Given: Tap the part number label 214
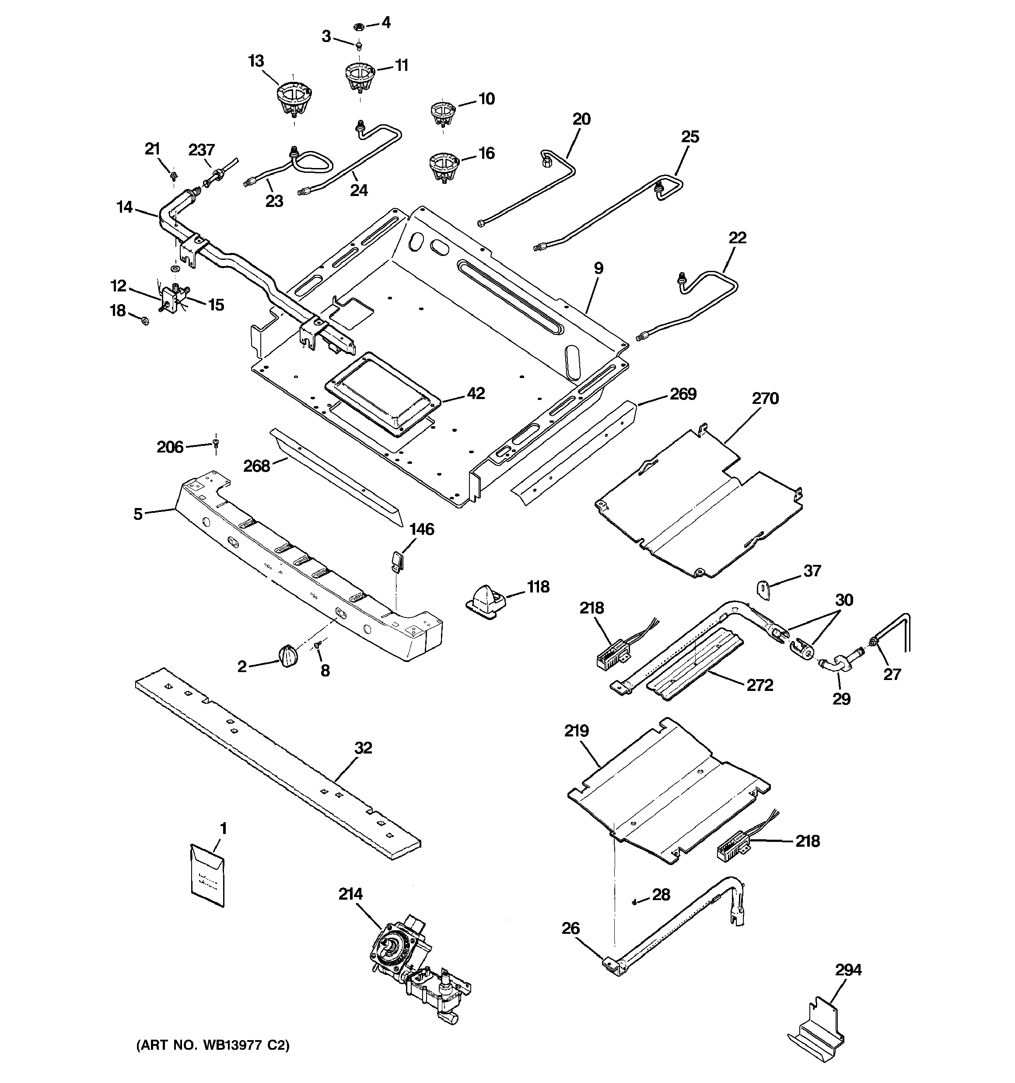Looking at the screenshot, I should click(350, 894).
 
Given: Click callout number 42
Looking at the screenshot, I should click(476, 393).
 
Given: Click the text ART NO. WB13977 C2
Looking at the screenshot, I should click(213, 1045).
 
